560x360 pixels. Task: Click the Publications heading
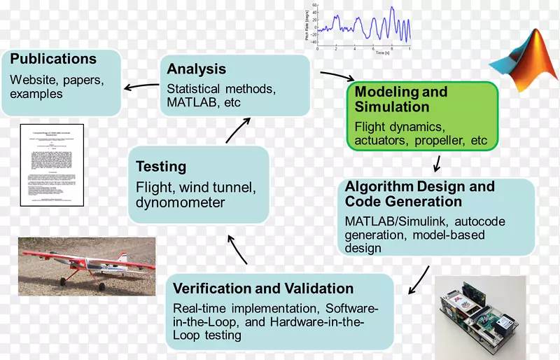click(53, 59)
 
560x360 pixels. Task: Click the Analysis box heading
click(197, 69)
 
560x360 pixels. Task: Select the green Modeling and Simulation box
click(422, 116)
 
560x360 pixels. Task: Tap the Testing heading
click(161, 167)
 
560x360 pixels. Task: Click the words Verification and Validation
click(262, 289)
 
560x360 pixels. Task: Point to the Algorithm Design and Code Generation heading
click(419, 194)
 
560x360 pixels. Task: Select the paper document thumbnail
click(52, 165)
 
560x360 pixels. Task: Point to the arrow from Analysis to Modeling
click(337, 76)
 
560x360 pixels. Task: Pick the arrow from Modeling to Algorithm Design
click(437, 163)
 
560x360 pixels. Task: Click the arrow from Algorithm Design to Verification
click(419, 278)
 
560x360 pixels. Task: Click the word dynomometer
click(181, 203)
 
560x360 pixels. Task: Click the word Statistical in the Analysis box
click(192, 89)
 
